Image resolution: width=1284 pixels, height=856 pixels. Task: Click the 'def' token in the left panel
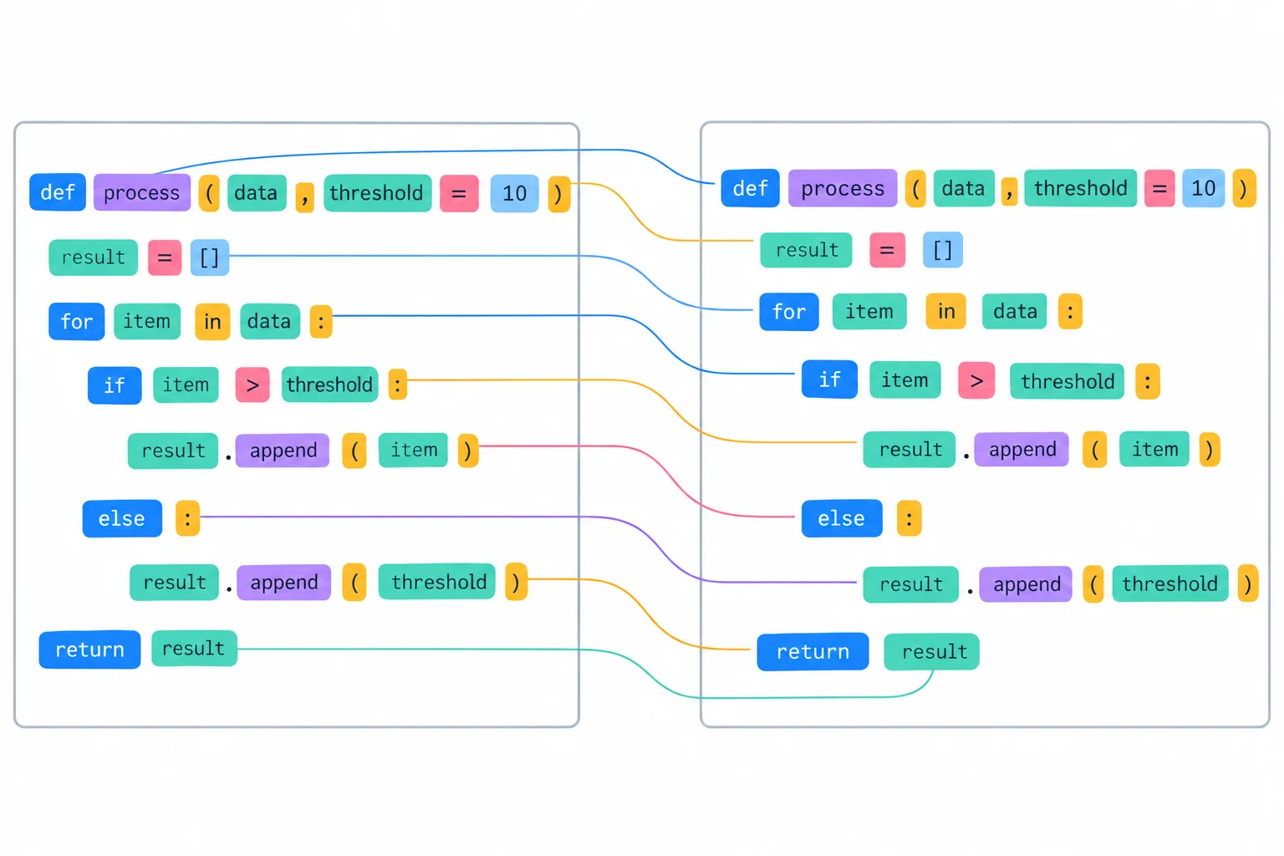click(x=58, y=192)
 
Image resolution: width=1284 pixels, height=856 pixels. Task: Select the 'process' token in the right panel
click(x=843, y=188)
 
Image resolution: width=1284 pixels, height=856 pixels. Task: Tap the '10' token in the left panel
click(x=514, y=193)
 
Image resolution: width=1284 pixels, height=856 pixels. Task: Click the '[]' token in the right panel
click(x=943, y=250)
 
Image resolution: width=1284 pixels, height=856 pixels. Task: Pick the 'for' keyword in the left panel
click(x=77, y=321)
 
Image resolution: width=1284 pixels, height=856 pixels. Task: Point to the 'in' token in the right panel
click(x=945, y=311)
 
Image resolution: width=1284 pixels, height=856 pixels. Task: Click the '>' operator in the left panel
click(x=252, y=385)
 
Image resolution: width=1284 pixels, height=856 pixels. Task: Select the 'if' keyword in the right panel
click(x=829, y=380)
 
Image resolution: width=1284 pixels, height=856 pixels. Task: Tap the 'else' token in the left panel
click(x=122, y=518)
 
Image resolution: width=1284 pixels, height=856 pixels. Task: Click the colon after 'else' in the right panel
click(x=909, y=518)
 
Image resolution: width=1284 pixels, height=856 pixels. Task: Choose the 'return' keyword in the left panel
click(x=90, y=650)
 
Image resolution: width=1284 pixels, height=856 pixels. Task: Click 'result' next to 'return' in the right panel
click(x=931, y=651)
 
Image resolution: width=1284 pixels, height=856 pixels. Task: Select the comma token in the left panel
click(x=305, y=196)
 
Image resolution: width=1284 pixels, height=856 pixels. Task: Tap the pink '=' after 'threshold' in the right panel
click(x=1159, y=188)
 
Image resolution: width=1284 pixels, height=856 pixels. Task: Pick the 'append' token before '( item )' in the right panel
click(x=1022, y=450)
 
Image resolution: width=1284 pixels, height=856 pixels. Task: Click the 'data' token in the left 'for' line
click(x=270, y=321)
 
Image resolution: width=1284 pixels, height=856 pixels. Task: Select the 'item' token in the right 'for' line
click(x=869, y=311)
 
